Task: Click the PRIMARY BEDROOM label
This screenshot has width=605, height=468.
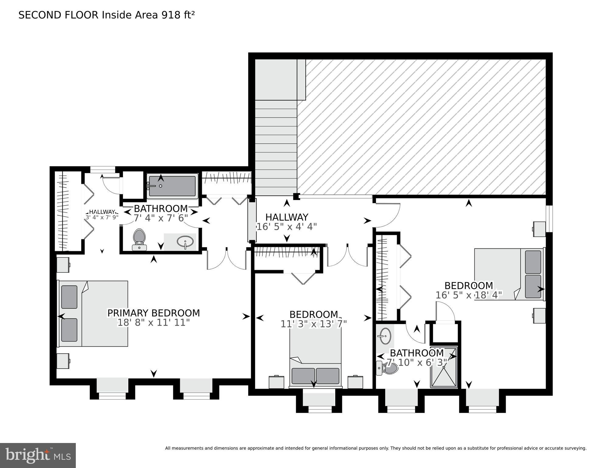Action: click(x=153, y=313)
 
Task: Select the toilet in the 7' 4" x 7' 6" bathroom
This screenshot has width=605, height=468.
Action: click(x=139, y=239)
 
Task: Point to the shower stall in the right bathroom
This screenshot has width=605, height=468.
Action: click(x=444, y=367)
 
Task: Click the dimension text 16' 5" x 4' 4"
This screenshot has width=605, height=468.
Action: click(x=287, y=227)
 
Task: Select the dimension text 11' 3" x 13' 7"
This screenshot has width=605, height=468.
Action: click(x=313, y=324)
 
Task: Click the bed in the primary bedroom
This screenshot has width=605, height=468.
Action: click(x=93, y=313)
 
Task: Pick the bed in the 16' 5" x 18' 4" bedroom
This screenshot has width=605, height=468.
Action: click(x=509, y=274)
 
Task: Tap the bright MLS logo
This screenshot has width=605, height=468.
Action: click(x=38, y=455)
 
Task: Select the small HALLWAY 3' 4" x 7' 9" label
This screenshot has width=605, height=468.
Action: click(x=102, y=215)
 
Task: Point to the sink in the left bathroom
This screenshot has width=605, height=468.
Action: click(x=185, y=242)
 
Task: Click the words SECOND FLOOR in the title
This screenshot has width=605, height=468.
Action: click(x=58, y=15)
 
